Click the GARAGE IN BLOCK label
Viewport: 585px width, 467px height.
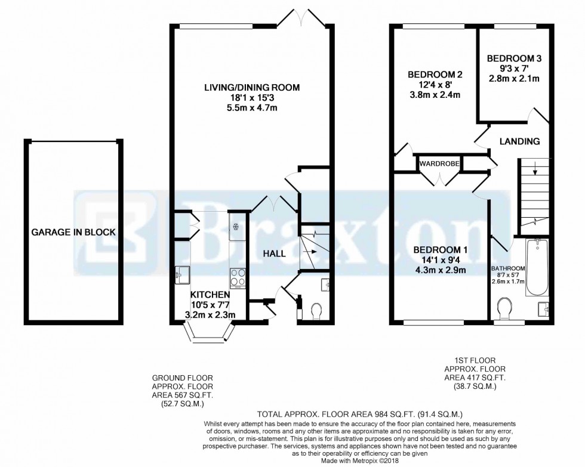click(73, 233)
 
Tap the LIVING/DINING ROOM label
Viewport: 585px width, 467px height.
click(252, 88)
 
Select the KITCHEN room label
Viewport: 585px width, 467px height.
click(210, 295)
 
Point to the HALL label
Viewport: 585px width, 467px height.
click(274, 253)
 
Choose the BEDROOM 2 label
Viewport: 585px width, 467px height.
click(435, 75)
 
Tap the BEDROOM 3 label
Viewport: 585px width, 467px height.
click(514, 58)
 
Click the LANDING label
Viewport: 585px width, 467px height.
click(519, 141)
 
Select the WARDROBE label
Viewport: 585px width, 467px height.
click(438, 163)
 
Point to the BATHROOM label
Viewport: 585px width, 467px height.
click(508, 268)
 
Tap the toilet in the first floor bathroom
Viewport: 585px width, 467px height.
click(505, 309)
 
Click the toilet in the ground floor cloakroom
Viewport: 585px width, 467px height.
click(317, 310)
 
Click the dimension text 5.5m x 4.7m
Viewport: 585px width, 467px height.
click(252, 108)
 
